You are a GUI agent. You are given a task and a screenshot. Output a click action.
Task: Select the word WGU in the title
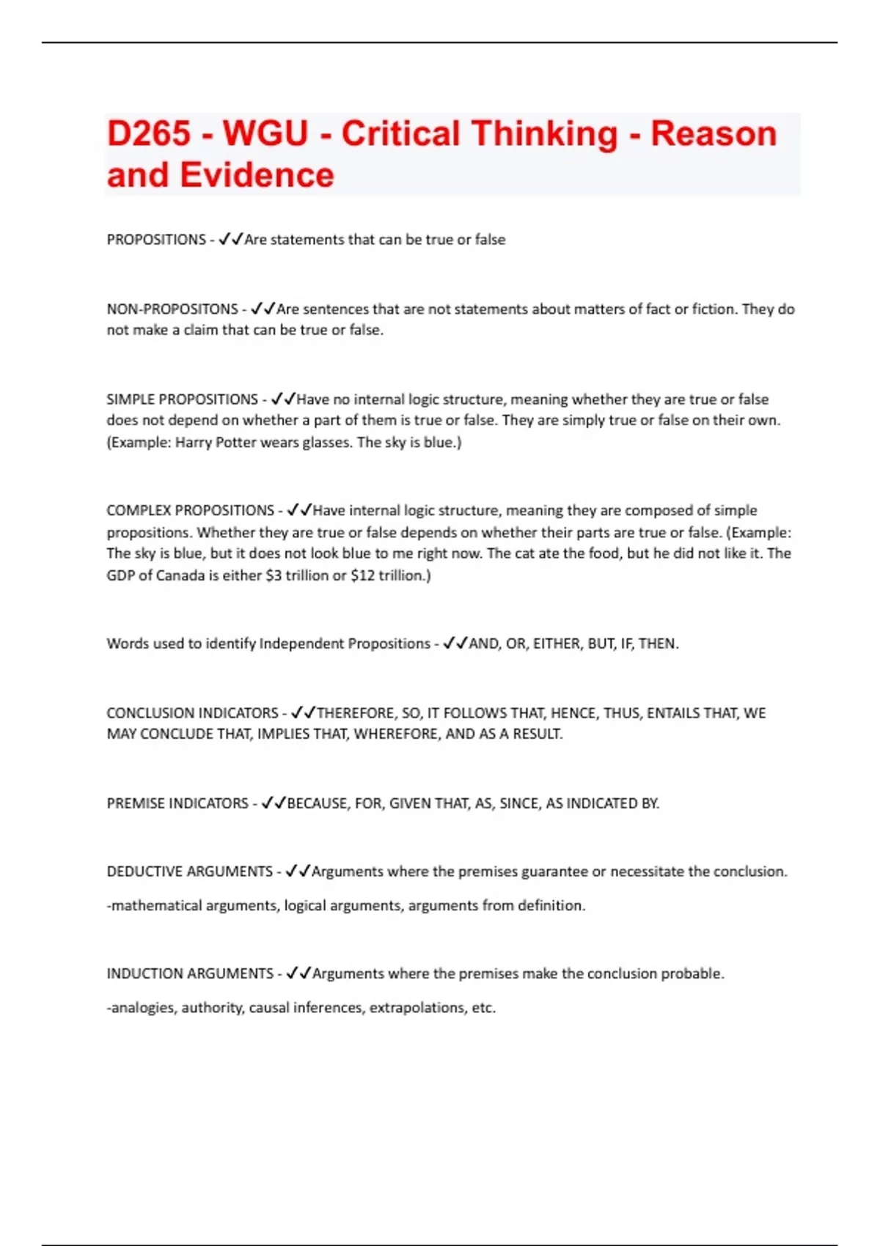265,133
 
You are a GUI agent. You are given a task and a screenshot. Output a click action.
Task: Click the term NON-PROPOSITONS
172,309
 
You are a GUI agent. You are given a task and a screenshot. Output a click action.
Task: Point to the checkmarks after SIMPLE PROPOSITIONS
283,399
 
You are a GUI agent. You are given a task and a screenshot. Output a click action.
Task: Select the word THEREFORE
355,713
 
